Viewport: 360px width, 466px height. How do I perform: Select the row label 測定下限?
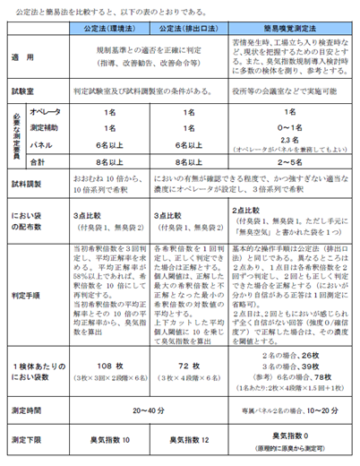[30, 440]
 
